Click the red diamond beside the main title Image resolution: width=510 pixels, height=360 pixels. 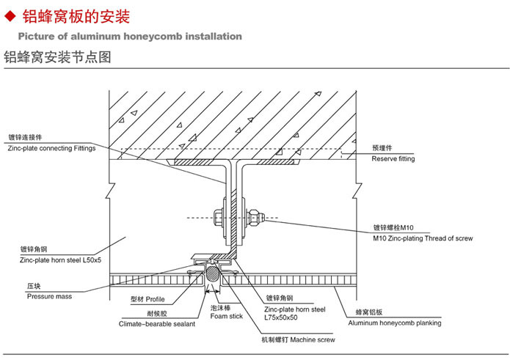[x=10, y=16]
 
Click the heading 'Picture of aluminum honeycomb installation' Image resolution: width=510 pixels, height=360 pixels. [x=129, y=36]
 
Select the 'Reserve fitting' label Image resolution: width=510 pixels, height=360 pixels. [x=393, y=158]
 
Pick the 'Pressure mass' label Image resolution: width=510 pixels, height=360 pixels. [x=49, y=296]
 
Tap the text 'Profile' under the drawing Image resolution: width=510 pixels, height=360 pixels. [x=156, y=300]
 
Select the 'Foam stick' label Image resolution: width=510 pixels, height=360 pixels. [x=226, y=317]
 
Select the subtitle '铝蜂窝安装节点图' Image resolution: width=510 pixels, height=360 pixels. [x=57, y=57]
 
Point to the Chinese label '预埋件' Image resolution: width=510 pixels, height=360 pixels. [x=382, y=148]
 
